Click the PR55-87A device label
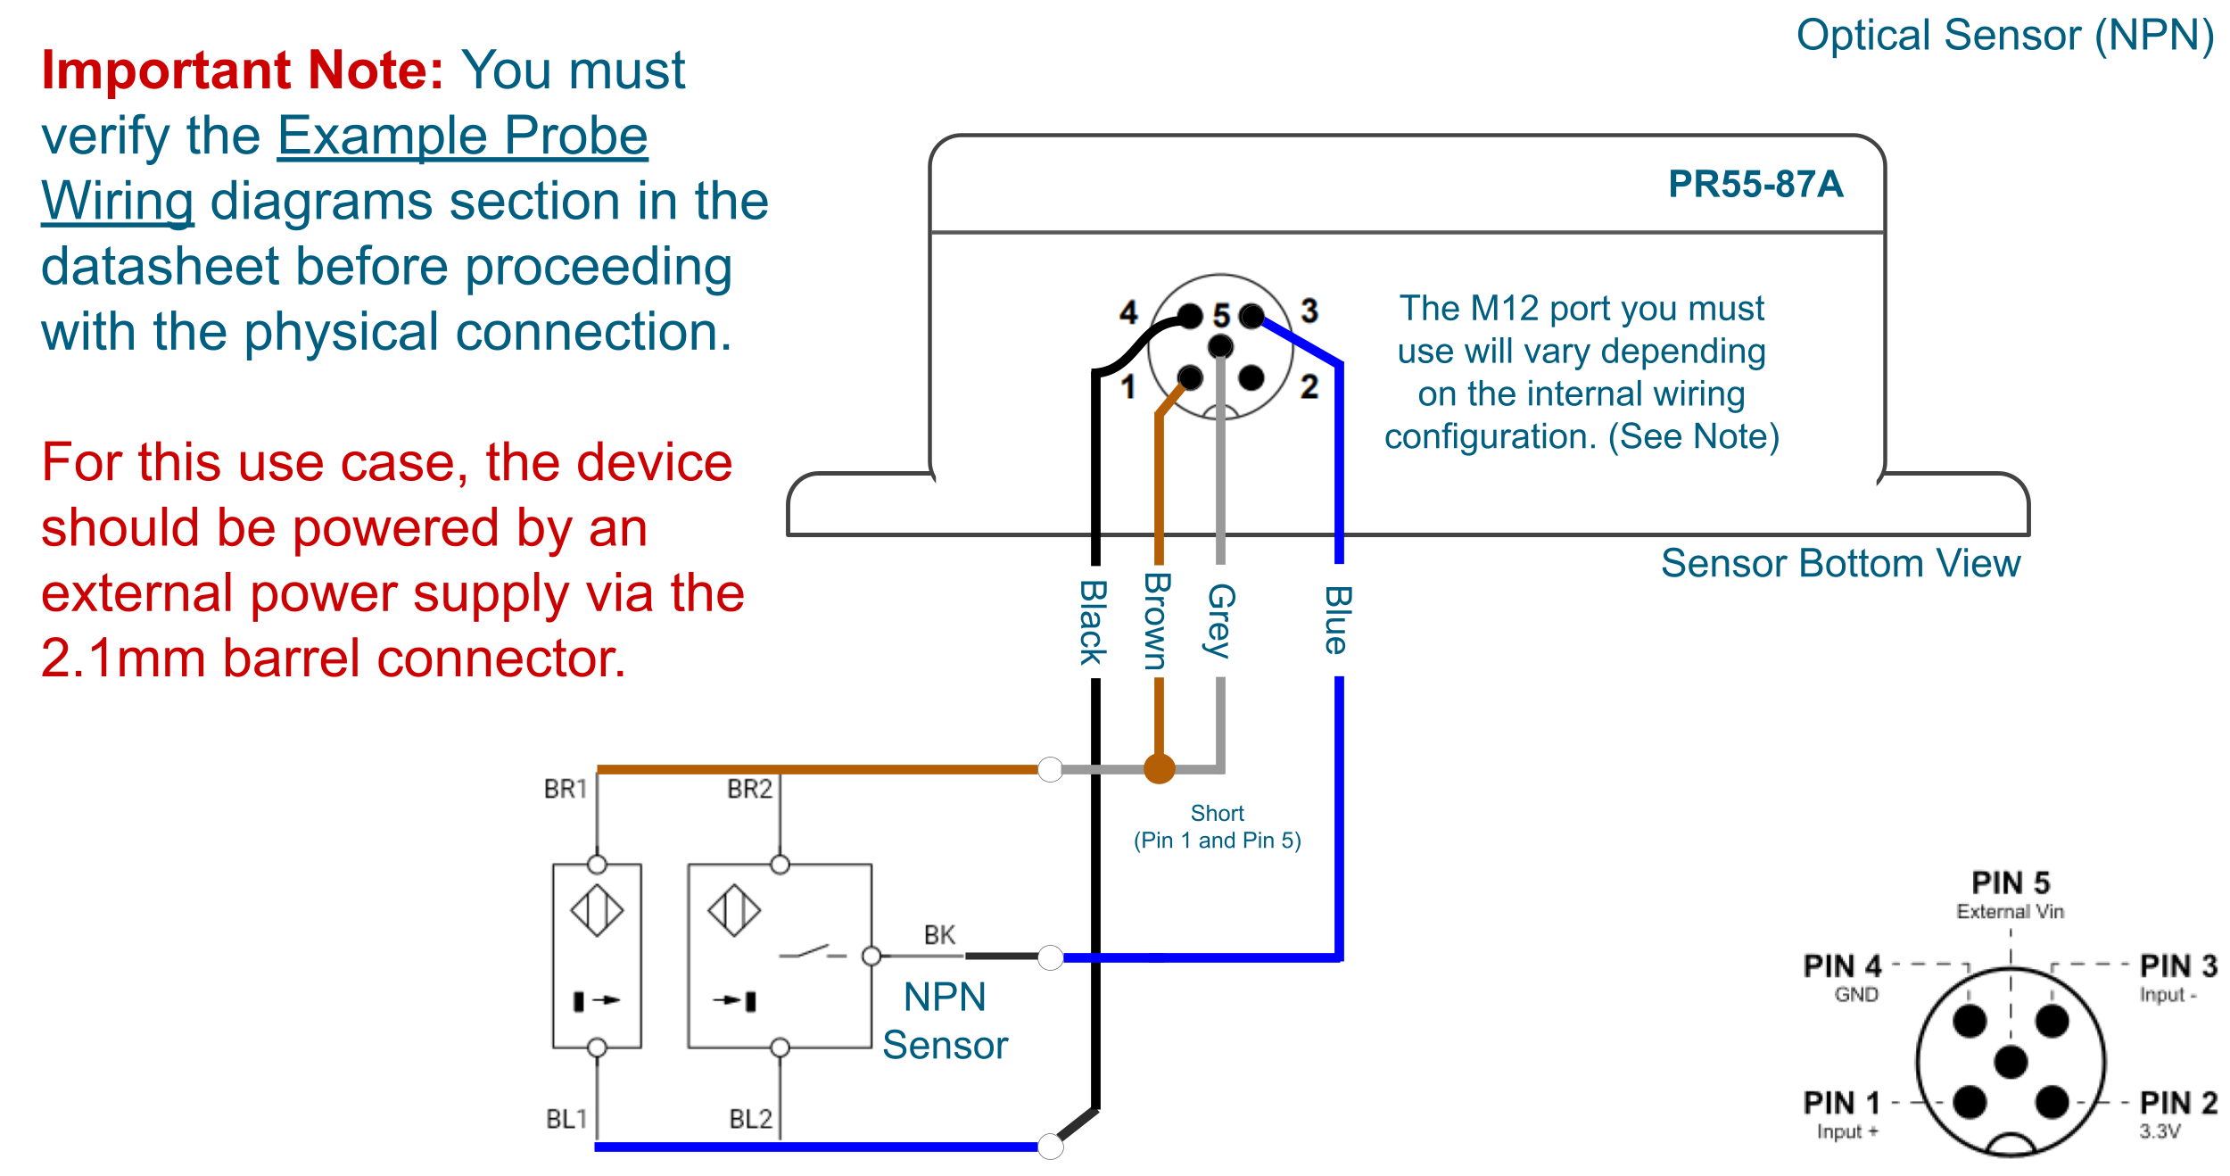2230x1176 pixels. (x=1755, y=185)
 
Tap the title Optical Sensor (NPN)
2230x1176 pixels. (x=2004, y=36)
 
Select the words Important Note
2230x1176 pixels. (x=242, y=70)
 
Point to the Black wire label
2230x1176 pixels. (x=1094, y=622)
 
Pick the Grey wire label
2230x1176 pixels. (x=1220, y=621)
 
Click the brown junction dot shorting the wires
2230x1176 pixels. (x=1159, y=768)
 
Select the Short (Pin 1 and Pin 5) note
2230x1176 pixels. (x=1217, y=827)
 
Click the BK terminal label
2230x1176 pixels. (x=939, y=935)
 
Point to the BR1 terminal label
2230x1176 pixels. (x=566, y=789)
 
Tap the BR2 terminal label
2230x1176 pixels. (x=749, y=789)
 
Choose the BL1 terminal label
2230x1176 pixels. (x=566, y=1119)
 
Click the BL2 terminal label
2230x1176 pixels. (x=750, y=1119)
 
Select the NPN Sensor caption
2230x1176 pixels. (x=945, y=1021)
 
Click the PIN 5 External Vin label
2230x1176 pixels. (x=2010, y=895)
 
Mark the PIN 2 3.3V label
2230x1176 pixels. (x=2177, y=1114)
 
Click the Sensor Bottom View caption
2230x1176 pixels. (x=1839, y=564)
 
